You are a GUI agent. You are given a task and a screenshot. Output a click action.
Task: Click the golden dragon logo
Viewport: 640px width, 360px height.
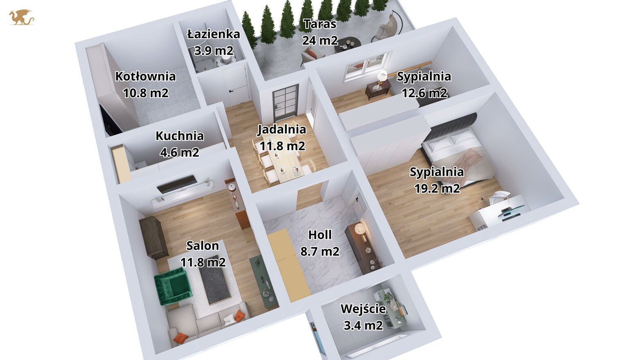click(22, 18)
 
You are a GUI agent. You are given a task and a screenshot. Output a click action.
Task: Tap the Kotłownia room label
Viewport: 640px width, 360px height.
click(145, 76)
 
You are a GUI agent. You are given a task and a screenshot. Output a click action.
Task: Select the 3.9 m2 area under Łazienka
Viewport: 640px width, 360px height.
click(214, 51)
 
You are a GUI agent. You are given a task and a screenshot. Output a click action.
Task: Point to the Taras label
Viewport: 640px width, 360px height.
click(320, 24)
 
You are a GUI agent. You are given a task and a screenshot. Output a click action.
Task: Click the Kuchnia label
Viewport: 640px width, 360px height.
click(180, 136)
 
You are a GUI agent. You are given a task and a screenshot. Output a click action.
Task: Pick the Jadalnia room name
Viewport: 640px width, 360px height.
click(282, 129)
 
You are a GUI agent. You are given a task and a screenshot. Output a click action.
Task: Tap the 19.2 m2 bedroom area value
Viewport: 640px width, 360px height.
click(437, 189)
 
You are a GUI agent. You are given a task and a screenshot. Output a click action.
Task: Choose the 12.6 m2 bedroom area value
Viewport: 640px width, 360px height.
click(425, 93)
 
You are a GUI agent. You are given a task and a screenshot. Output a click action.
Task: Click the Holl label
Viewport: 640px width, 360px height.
click(320, 235)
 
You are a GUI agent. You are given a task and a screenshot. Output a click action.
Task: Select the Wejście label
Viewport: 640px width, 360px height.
click(363, 309)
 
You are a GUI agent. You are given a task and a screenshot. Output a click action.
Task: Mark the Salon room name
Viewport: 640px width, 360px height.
click(203, 246)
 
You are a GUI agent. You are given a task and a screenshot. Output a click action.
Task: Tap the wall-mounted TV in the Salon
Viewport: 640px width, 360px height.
click(177, 184)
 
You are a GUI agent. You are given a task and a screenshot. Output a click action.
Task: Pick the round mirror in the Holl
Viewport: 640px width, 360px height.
click(360, 229)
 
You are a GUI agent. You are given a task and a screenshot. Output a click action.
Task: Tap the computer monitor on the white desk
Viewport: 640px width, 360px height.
click(513, 209)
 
